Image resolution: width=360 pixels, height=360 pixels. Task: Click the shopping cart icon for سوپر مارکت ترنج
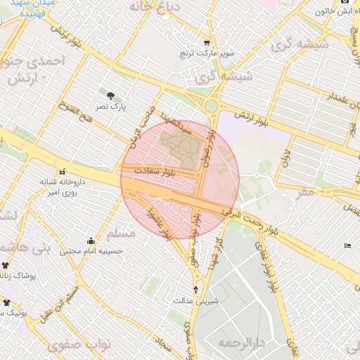207,42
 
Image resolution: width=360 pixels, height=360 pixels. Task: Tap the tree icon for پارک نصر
110,95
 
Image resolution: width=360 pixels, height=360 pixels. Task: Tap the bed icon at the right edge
349,245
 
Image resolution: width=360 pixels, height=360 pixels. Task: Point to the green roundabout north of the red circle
210,106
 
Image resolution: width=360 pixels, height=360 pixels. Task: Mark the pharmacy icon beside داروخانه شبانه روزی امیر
63,171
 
